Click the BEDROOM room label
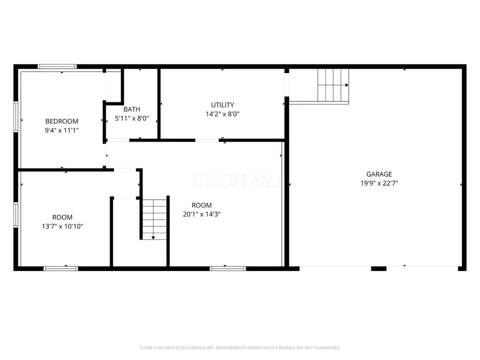coord(61,121)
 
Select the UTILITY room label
coord(222,105)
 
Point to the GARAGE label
coord(379,174)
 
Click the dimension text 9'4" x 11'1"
coord(62,130)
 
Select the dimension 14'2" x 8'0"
coord(222,114)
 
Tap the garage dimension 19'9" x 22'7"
coord(379,183)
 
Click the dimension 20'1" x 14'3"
coord(202,214)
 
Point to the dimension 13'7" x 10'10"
coord(62,226)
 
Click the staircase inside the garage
coord(333,85)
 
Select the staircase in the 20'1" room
coord(154,218)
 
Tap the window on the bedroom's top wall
coord(57,67)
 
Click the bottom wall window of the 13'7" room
coord(61,268)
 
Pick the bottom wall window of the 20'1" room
coord(228,268)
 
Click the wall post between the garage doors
coord(379,268)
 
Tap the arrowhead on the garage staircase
coord(347,85)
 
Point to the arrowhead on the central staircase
coord(153,237)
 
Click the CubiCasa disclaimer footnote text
coord(240,348)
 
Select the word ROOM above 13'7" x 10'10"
coord(62,217)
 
